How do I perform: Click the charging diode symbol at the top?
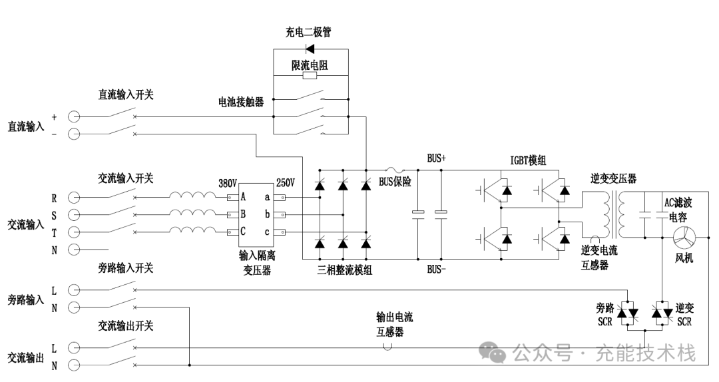(310, 48)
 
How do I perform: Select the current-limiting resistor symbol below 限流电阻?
(310, 76)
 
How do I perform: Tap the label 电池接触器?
(241, 102)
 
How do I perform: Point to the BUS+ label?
(437, 159)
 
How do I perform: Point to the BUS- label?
(437, 270)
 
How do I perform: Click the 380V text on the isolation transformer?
(228, 183)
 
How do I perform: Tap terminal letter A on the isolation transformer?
(244, 197)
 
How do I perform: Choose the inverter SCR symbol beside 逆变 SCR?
(663, 312)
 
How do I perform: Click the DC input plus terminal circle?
(74, 117)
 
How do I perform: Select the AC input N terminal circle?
(74, 250)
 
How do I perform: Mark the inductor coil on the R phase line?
(192, 197)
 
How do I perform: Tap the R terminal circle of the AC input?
(74, 198)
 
